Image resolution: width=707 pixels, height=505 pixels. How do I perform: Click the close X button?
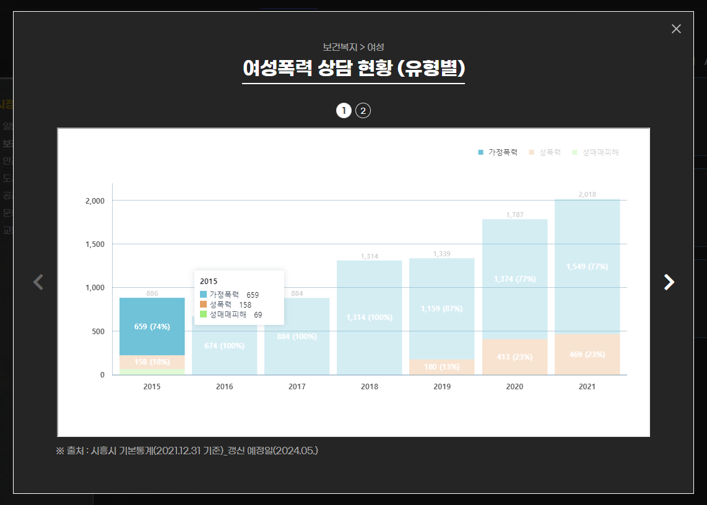coord(676,29)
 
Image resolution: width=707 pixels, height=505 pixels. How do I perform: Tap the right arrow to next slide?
coord(669,282)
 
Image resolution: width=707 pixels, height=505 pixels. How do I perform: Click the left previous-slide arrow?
coord(38,282)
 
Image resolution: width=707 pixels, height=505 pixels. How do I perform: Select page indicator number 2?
coord(363,111)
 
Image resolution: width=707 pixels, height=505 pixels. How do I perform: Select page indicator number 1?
coord(344,111)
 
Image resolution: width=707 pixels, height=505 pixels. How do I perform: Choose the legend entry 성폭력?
coord(545,152)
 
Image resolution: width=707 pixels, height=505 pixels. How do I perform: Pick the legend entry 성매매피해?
coord(596,152)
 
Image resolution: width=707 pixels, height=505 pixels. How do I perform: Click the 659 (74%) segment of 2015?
coord(152,326)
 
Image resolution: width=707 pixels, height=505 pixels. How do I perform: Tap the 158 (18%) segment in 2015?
coord(152,362)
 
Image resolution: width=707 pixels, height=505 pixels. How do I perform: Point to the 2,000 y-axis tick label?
coord(95,201)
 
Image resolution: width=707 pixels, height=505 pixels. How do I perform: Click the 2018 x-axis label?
coord(370,387)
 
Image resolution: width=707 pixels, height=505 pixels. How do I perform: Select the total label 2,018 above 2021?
coord(587,194)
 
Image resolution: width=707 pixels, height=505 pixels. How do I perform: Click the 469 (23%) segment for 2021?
coord(587,355)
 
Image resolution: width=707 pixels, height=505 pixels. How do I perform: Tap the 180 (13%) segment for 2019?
coord(441,367)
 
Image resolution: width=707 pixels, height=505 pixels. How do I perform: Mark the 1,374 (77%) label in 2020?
coord(514,279)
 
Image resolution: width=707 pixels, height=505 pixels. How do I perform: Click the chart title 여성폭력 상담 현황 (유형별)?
coord(353,68)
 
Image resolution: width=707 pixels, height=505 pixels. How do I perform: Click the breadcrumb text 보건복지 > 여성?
coord(353,47)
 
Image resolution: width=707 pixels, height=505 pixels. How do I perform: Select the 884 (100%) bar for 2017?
coord(297,337)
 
